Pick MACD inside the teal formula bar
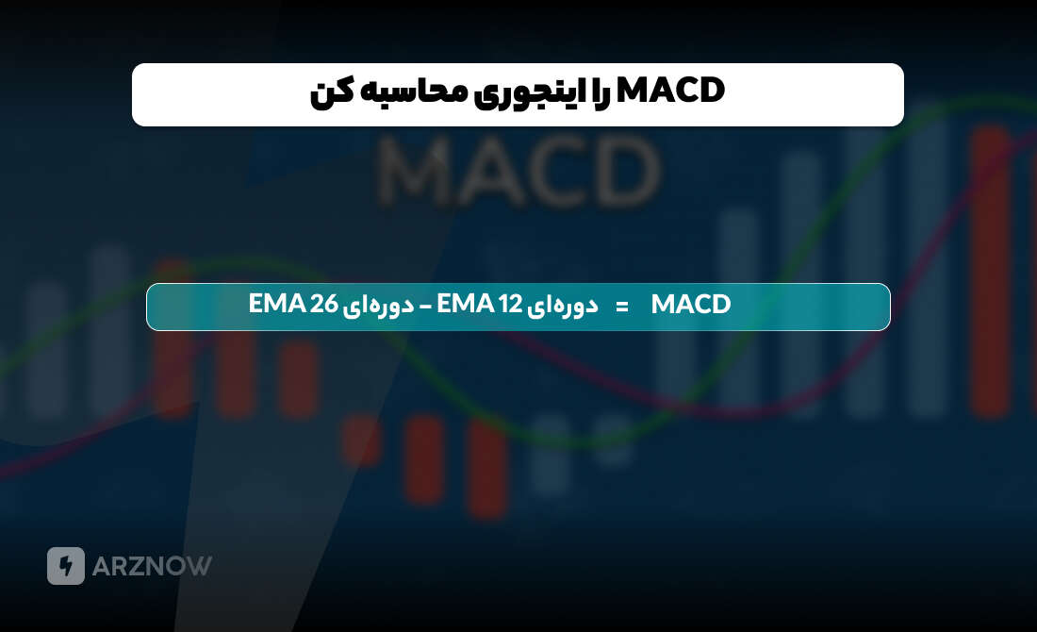point(691,305)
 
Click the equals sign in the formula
point(621,306)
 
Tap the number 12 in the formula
point(510,305)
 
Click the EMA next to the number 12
point(467,305)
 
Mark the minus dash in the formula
point(424,306)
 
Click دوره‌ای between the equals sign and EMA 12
point(564,306)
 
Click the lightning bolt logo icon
point(66,566)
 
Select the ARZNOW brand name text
point(152,566)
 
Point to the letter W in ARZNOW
point(199,566)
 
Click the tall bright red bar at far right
point(990,274)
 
